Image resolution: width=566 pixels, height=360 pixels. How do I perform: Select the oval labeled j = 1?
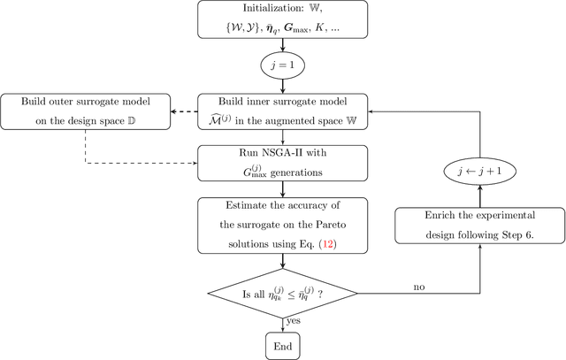(283, 66)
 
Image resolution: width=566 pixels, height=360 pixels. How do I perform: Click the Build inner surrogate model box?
(283, 111)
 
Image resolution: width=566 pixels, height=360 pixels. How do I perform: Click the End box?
(283, 345)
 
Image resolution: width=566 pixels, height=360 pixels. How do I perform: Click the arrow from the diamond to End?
(283, 321)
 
